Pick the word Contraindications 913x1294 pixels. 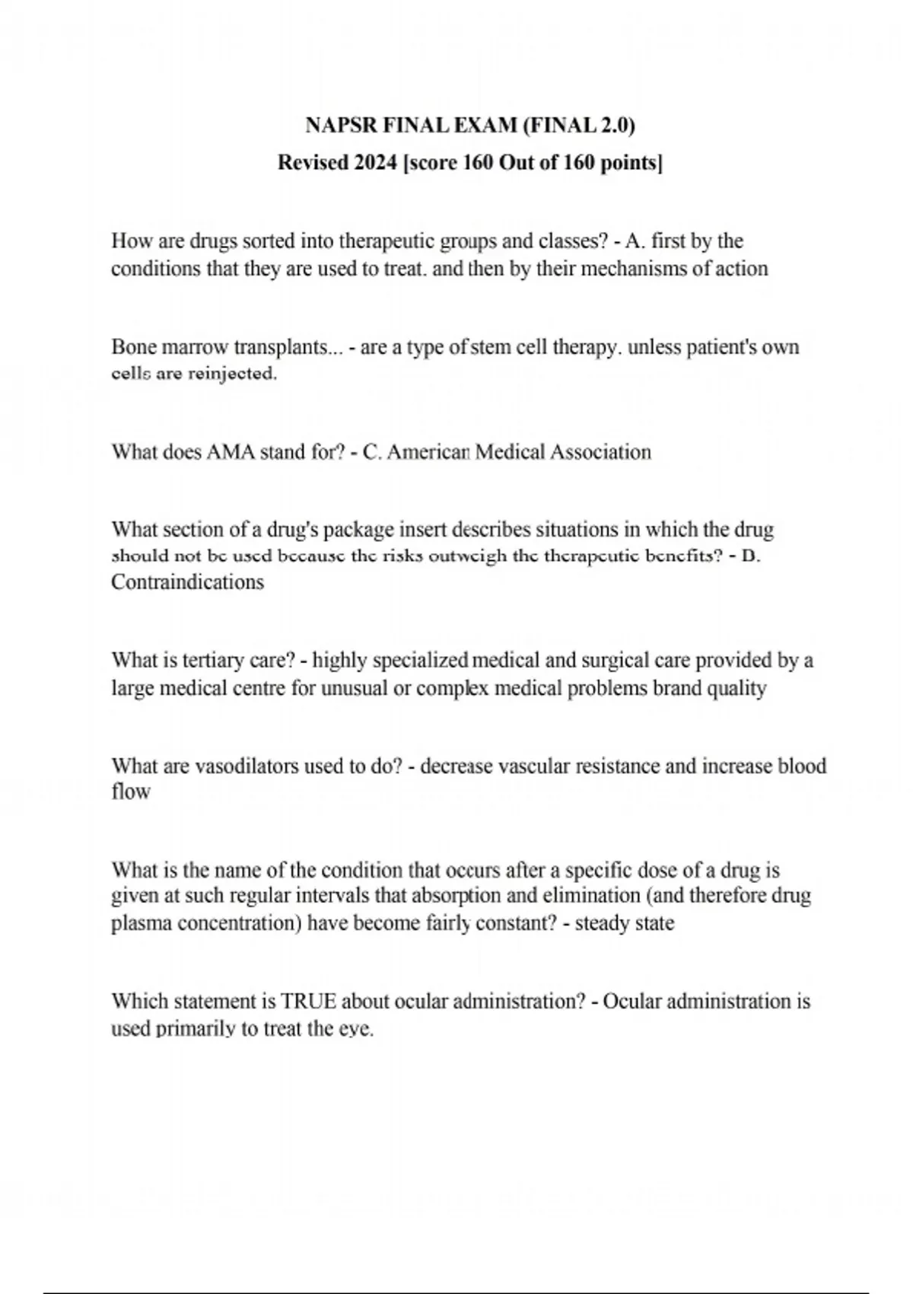tap(187, 582)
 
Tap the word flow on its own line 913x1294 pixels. tap(131, 792)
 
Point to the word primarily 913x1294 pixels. tap(195, 1030)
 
